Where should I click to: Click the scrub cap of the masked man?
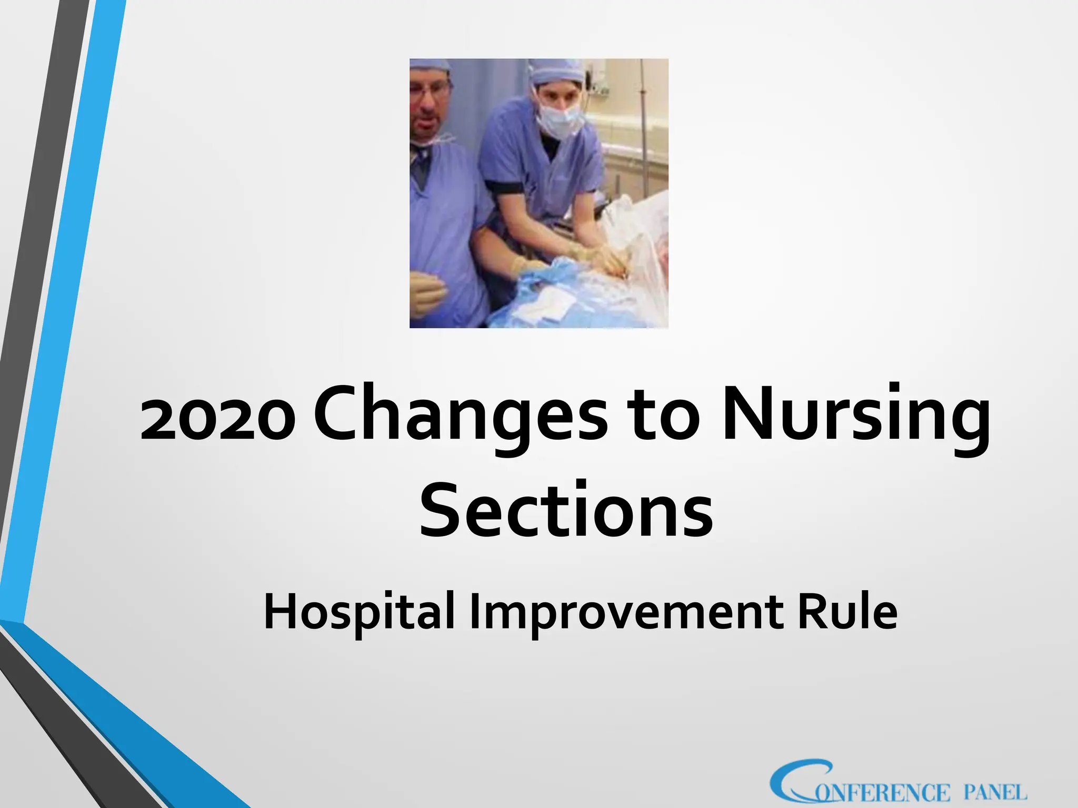555,71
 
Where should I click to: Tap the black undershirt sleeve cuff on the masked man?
504,187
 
